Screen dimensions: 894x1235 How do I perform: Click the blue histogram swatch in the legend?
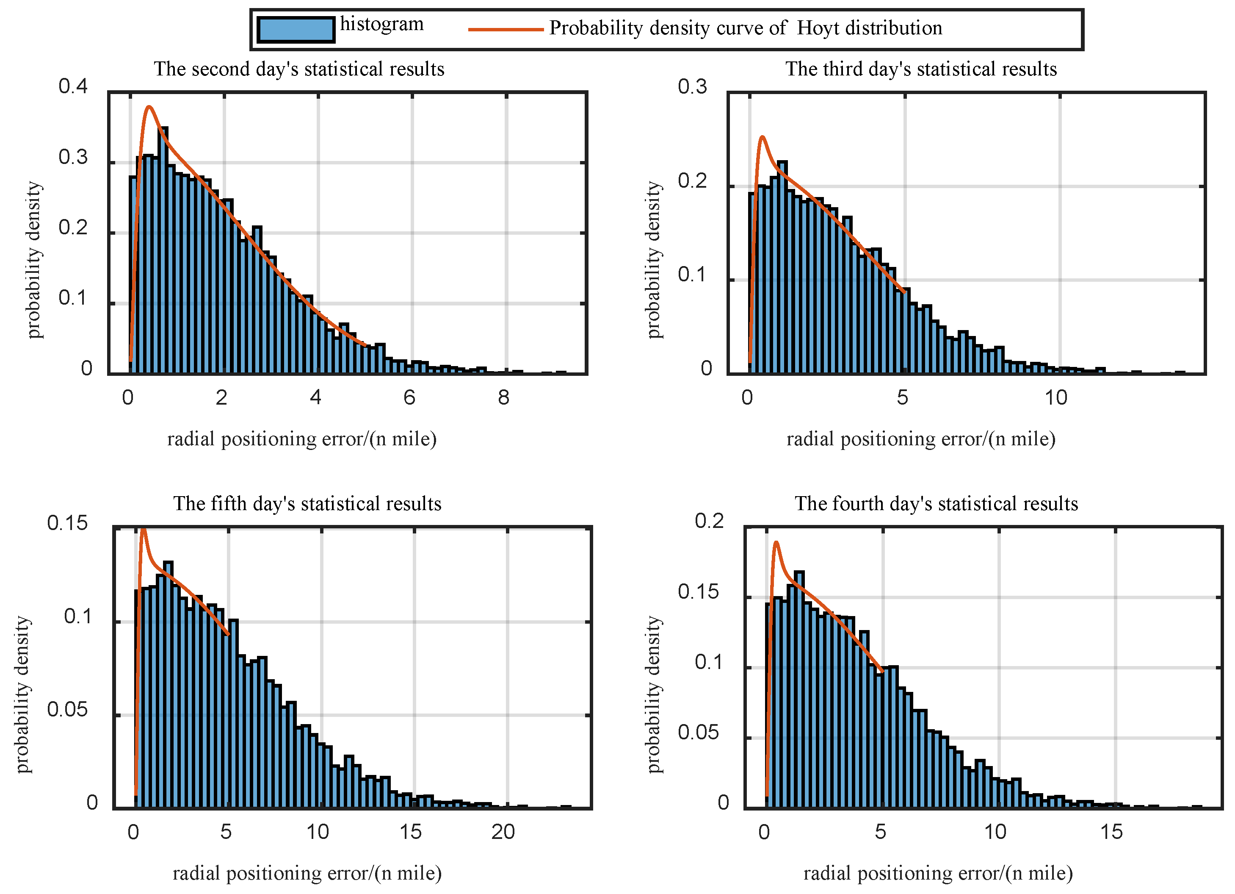pos(296,29)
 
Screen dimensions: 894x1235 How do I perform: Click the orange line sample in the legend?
pos(506,29)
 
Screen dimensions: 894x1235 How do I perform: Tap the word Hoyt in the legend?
pos(818,28)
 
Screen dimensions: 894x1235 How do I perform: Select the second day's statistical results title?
pos(299,69)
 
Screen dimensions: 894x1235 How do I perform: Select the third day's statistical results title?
pos(921,69)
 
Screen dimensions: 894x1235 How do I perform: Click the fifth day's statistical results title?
pos(307,504)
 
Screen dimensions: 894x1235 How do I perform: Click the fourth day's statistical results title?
pos(936,504)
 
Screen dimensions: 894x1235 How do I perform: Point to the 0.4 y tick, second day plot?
pos(73,86)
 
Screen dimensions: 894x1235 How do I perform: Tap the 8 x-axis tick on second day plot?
pos(504,398)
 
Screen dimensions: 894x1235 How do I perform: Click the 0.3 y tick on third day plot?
pos(692,86)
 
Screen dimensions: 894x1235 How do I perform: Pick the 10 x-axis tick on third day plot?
pos(1055,398)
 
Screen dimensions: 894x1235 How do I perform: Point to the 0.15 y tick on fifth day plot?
pos(67,523)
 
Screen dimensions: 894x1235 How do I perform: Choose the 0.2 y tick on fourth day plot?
pos(709,521)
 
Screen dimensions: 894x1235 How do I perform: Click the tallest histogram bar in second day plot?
pos(163,250)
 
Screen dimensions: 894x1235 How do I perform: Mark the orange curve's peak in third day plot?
pos(763,137)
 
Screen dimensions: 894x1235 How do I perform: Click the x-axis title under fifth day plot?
pos(307,874)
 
